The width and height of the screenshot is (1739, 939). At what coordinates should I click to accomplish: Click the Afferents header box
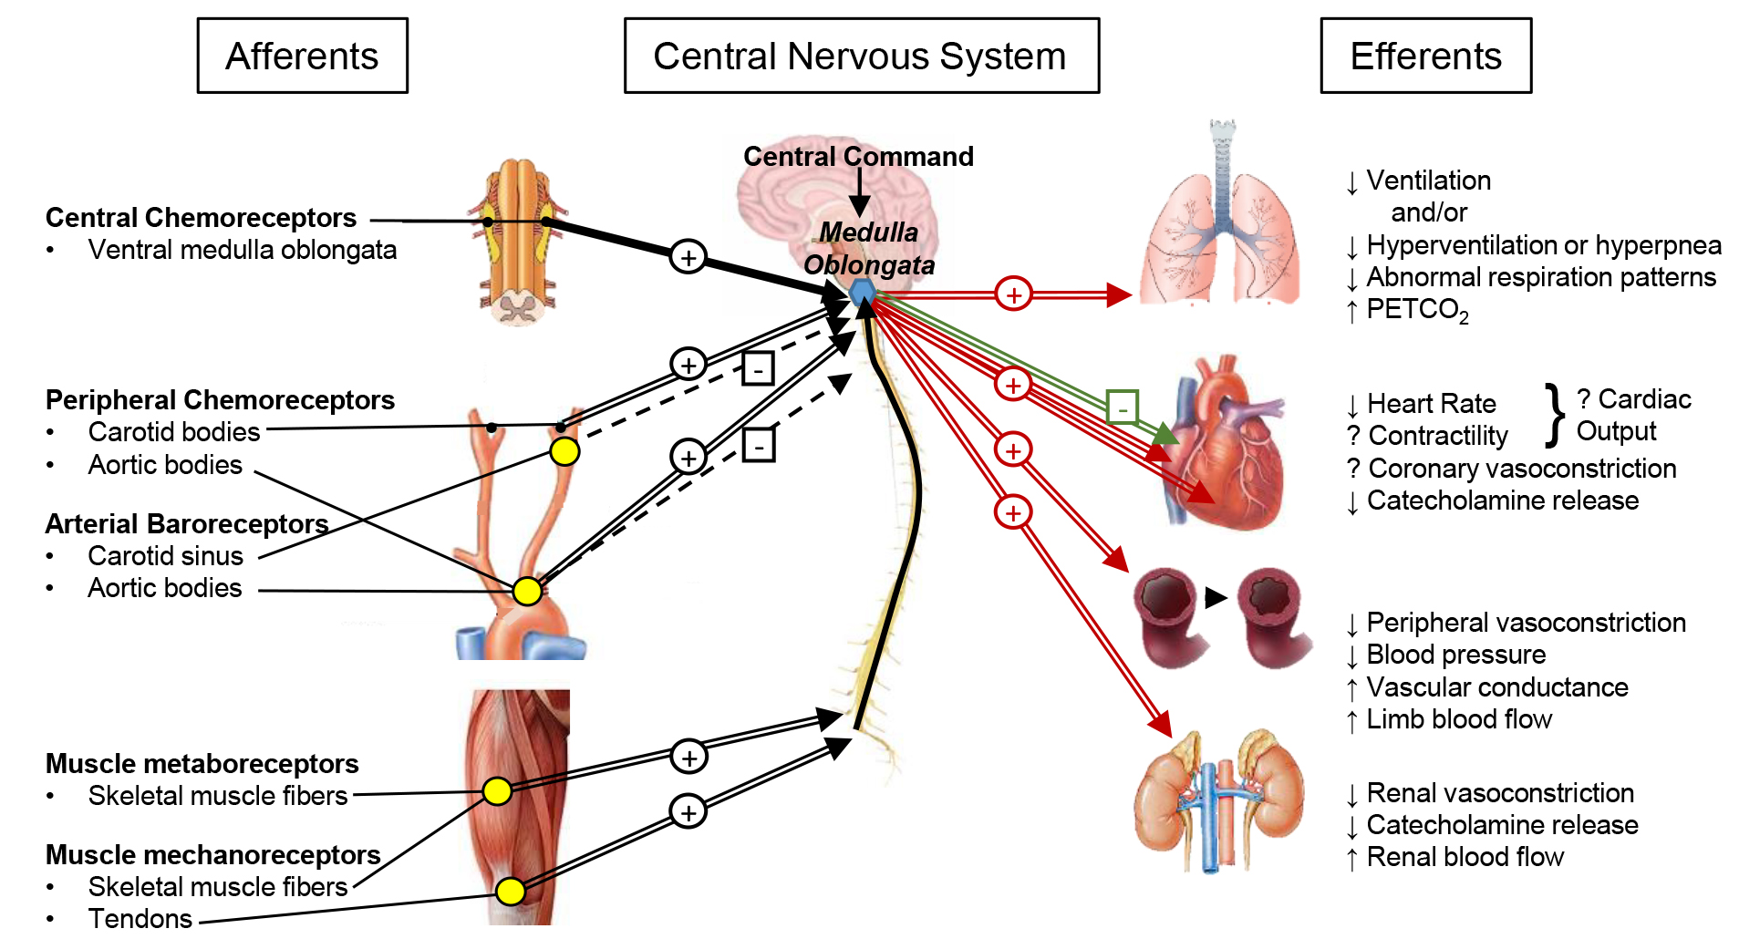302,56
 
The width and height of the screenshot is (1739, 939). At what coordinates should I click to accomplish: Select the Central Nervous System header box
861,56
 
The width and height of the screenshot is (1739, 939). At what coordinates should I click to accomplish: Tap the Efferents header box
1425,56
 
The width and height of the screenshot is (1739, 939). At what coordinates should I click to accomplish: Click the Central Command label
858,157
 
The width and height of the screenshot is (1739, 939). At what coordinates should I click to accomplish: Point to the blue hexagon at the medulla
863,293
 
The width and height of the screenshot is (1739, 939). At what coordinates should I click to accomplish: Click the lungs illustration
1220,228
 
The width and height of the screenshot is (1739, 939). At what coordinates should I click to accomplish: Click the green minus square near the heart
1122,407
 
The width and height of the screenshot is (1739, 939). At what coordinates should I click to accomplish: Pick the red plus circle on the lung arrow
1013,294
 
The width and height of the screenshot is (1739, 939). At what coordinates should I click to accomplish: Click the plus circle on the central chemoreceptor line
688,257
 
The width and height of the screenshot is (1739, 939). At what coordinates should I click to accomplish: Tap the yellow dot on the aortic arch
527,591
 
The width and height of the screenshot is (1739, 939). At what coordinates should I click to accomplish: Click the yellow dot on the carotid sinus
564,451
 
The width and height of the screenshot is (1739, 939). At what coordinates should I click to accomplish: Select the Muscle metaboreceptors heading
202,764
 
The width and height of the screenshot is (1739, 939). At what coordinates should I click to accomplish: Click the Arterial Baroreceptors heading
186,524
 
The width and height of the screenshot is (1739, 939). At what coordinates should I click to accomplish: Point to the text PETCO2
1417,310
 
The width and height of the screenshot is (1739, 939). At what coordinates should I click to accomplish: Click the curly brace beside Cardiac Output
1554,416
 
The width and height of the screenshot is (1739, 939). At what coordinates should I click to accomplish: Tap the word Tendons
140,918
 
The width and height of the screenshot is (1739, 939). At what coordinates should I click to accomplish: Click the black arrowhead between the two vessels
1216,598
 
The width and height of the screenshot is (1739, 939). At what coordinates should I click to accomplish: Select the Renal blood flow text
1465,857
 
